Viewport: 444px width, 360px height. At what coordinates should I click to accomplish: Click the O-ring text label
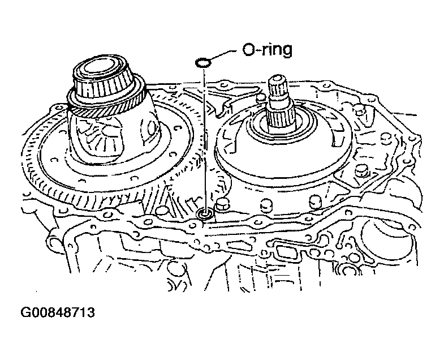tap(267, 50)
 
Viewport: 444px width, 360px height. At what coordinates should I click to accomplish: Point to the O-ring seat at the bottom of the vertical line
tap(204, 214)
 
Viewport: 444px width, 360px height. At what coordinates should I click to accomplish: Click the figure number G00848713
tap(58, 312)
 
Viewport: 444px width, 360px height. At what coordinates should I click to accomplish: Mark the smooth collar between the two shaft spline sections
tap(278, 102)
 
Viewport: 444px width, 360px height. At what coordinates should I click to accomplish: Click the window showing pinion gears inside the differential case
tap(98, 135)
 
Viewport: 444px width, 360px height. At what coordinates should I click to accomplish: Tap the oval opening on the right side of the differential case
tap(151, 126)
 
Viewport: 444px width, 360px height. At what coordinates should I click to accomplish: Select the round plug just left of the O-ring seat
tap(162, 210)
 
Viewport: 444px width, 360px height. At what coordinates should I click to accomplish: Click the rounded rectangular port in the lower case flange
tap(287, 251)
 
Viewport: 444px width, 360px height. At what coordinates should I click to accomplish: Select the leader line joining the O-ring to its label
tap(222, 55)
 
